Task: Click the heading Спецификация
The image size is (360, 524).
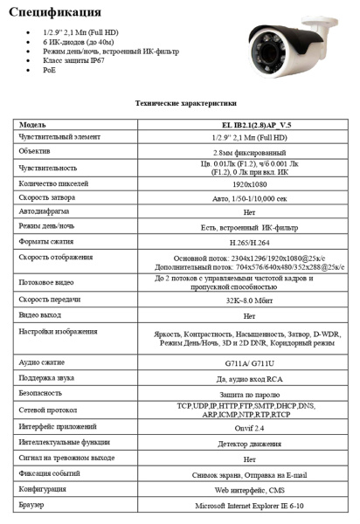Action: [x=57, y=13]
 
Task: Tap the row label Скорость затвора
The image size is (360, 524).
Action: [x=49, y=197]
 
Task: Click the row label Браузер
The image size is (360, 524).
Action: [x=31, y=506]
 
